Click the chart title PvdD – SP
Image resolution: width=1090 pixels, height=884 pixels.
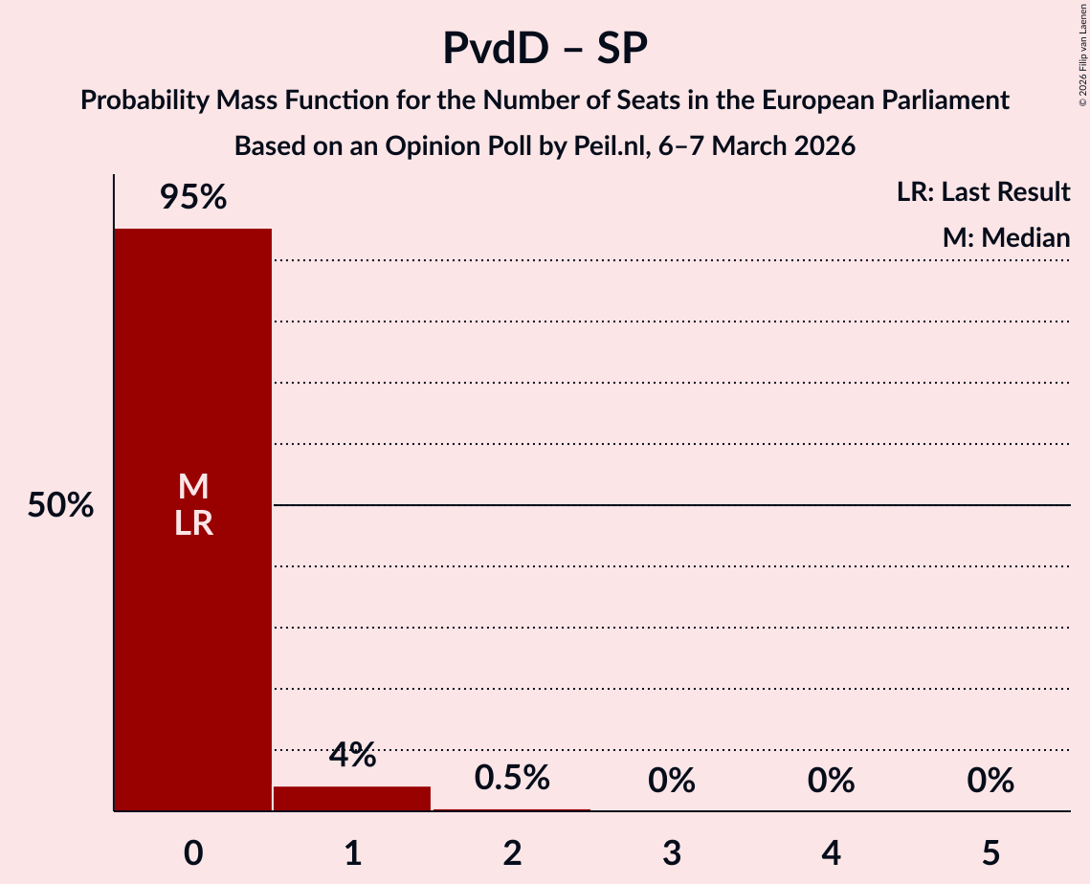[545, 48]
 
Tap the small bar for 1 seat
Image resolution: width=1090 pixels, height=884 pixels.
[352, 799]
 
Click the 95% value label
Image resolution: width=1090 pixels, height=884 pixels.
[193, 198]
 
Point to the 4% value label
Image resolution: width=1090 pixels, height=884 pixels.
[352, 756]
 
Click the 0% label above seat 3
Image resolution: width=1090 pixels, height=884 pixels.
[671, 781]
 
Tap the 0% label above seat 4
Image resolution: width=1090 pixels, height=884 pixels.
[831, 781]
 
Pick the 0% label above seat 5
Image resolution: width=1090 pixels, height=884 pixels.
[990, 781]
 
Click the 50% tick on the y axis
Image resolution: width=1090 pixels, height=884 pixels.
[60, 505]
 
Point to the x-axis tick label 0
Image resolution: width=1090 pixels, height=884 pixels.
[193, 852]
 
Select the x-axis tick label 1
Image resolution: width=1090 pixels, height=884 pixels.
[352, 852]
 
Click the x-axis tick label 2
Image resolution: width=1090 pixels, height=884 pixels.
[512, 852]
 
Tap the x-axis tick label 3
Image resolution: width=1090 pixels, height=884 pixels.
[671, 852]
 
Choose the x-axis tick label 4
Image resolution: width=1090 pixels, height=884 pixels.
[831, 852]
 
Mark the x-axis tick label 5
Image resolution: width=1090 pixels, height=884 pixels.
[990, 852]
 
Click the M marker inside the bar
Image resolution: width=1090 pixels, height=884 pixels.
[193, 487]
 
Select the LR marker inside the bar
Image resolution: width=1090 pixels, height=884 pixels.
[193, 523]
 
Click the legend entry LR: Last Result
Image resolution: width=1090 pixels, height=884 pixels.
[983, 192]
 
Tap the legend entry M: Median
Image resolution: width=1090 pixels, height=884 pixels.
[1006, 238]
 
